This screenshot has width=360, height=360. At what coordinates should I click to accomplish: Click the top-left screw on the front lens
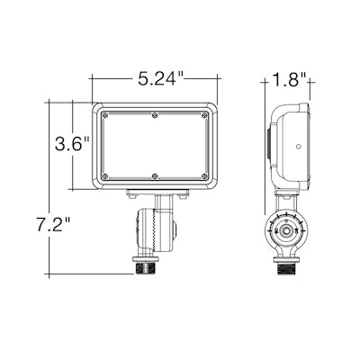[105, 115]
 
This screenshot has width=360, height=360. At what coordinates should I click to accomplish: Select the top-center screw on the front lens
[156, 114]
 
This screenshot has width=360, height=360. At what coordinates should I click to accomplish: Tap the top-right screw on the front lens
[206, 115]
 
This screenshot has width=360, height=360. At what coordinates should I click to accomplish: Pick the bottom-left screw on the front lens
[105, 175]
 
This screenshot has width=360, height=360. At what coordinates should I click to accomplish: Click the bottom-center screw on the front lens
[156, 175]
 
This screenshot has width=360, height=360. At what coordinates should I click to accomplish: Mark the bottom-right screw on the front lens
[206, 175]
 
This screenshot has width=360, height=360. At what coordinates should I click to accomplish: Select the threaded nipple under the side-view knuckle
[287, 267]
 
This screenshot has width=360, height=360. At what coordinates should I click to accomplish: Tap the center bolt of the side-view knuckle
[287, 231]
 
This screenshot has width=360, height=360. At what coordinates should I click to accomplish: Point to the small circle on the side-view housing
[297, 145]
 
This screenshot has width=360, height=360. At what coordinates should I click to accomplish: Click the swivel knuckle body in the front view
[154, 231]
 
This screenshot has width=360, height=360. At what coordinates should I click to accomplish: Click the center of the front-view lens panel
[156, 145]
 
